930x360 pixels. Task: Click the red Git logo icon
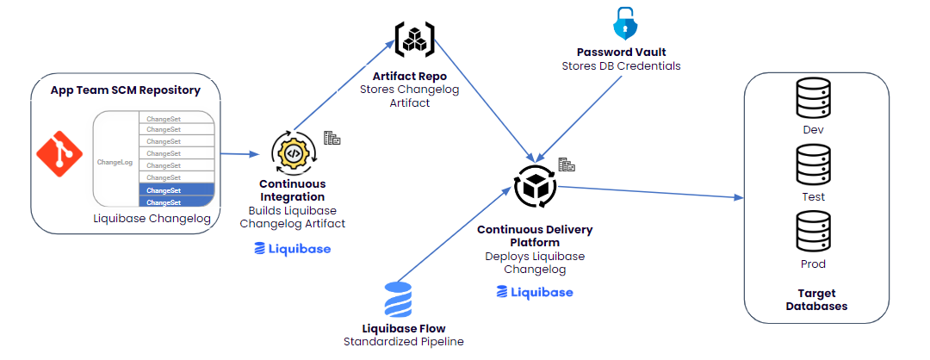[x=59, y=154]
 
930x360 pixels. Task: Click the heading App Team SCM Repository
[x=125, y=90]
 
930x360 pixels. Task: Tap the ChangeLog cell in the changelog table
[x=115, y=162]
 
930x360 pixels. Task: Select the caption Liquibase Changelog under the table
[x=152, y=218]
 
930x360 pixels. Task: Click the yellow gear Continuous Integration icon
[x=293, y=153]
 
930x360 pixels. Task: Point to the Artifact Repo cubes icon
[x=414, y=39]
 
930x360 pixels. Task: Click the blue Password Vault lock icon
[x=623, y=24]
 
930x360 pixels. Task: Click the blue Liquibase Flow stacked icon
[x=397, y=300]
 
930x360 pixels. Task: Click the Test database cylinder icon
[x=813, y=168]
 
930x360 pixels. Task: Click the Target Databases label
[x=816, y=300]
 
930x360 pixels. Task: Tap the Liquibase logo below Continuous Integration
[x=293, y=249]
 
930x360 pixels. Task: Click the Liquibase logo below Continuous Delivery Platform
[x=535, y=292]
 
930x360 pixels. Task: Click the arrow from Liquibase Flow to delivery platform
[x=455, y=233]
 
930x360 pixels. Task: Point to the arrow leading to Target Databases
[x=651, y=192]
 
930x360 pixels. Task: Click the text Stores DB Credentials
[x=621, y=66]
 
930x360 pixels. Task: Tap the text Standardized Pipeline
[x=404, y=342]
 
